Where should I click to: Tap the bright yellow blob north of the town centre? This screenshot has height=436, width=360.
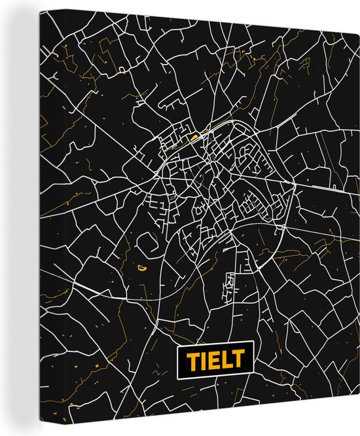[194, 137]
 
